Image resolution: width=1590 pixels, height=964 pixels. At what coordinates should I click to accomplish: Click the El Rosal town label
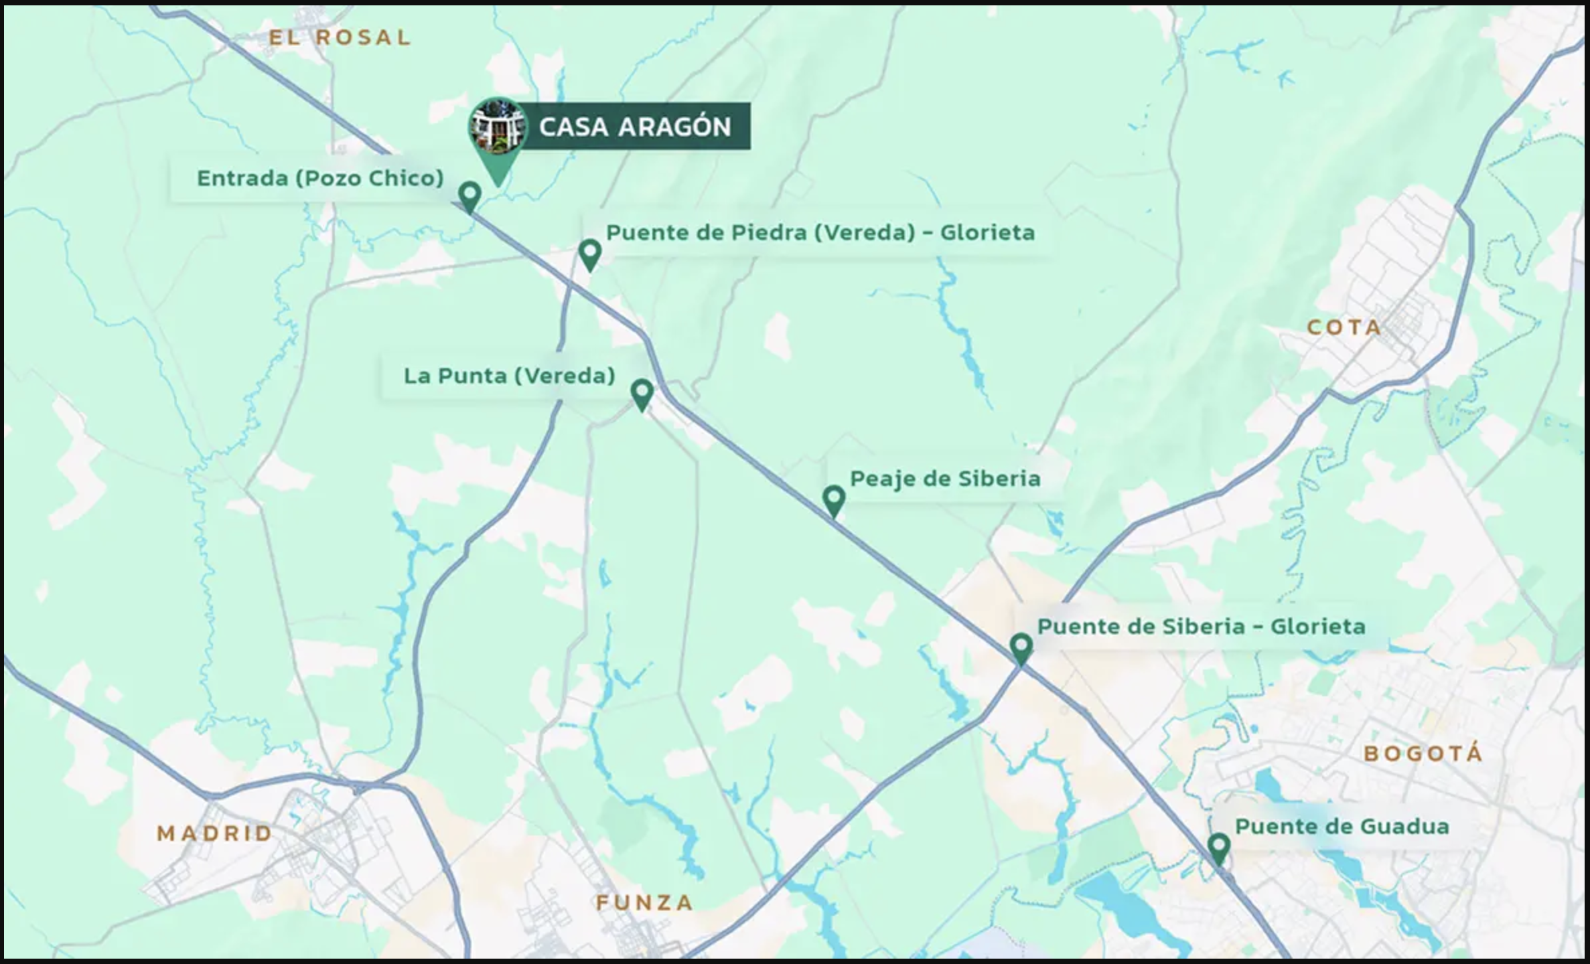(x=340, y=37)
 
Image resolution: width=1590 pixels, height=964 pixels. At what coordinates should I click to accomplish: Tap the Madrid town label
(x=214, y=833)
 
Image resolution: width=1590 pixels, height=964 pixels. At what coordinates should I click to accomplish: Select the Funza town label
(x=644, y=903)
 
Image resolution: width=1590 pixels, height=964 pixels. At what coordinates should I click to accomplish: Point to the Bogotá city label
(x=1423, y=754)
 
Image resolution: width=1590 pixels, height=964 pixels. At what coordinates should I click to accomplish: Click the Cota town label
(x=1344, y=327)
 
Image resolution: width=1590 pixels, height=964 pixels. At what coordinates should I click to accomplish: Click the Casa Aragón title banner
(x=634, y=127)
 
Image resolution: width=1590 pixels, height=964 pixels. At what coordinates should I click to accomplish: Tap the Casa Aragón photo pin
(x=497, y=129)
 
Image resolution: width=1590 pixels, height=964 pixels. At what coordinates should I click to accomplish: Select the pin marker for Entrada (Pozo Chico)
(x=470, y=195)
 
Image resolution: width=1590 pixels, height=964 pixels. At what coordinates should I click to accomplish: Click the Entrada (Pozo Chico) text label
(x=320, y=178)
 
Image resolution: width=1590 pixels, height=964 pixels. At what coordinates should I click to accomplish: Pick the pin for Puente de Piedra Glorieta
(x=590, y=253)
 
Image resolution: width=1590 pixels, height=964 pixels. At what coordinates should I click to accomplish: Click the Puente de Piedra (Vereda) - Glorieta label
(x=820, y=233)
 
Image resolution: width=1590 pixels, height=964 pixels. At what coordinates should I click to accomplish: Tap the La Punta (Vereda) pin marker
(x=642, y=392)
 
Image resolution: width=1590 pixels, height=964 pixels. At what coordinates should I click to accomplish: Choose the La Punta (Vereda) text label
(x=509, y=376)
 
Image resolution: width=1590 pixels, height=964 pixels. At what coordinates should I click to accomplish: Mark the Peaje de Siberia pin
(x=834, y=499)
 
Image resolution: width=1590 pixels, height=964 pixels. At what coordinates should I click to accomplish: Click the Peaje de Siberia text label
(x=945, y=479)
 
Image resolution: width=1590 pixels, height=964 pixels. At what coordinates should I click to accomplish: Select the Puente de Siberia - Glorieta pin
(x=1021, y=647)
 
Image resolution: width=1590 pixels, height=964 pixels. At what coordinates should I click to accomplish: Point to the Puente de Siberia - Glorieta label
(x=1201, y=627)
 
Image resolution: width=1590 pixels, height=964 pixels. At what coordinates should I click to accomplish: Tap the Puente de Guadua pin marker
(x=1219, y=847)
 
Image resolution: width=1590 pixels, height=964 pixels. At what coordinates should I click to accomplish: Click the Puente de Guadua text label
(x=1342, y=827)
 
